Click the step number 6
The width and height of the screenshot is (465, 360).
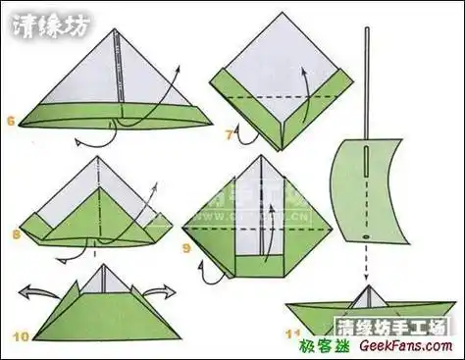[11, 122]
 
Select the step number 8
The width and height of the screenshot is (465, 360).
[17, 234]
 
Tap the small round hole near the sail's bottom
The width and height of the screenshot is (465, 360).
[365, 236]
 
